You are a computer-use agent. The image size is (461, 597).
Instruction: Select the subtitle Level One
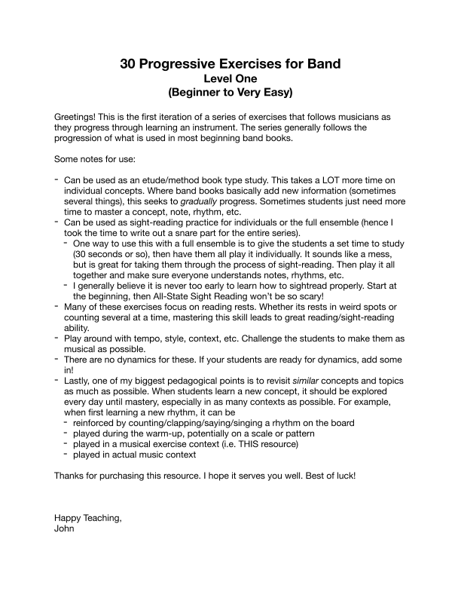coord(230,78)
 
